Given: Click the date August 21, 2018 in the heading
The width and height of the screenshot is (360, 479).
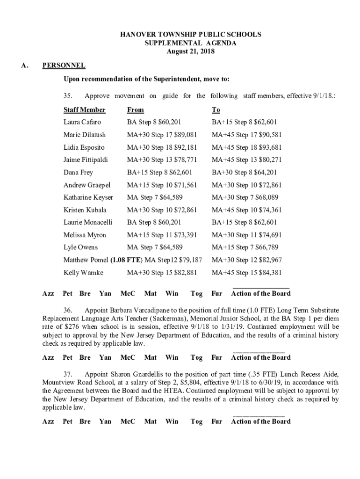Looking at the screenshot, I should pos(191,51).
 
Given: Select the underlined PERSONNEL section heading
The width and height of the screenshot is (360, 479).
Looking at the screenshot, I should pos(64,65).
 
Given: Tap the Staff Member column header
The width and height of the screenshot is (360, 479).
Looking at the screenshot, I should pos(85,110).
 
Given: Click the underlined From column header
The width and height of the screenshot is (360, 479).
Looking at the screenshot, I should pos(136,110).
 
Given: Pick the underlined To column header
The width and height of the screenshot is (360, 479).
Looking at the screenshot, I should pos(216,110).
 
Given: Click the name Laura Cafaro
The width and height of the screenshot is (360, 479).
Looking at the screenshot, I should pos(82,123).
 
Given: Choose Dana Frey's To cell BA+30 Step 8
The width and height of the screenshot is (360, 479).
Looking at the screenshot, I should pos(245,172).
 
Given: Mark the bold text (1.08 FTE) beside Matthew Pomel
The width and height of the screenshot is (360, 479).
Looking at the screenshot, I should pos(127,260).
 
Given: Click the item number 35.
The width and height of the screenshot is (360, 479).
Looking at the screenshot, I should pos(69,96).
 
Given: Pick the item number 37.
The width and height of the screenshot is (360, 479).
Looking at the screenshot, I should pos(69,374).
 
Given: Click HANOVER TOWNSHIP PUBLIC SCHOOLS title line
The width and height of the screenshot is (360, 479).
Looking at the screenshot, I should pos(191,35).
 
